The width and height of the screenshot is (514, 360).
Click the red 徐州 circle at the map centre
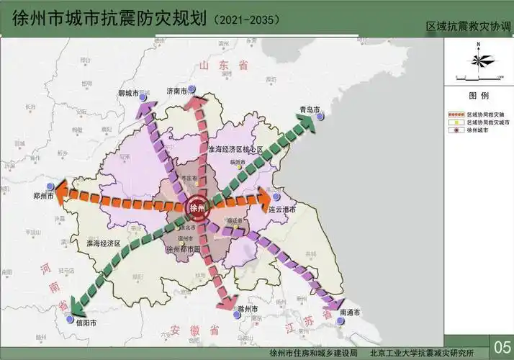tap(196, 208)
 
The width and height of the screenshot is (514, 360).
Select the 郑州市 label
tap(43, 195)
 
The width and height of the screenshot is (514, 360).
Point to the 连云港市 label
tap(282, 210)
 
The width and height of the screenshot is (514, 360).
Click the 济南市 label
tap(176, 91)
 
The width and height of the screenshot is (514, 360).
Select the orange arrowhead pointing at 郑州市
tap(61, 190)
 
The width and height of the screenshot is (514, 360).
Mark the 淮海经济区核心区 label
tap(236, 149)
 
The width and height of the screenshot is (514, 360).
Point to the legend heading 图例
tap(479, 95)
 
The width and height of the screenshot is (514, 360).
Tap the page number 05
tap(501, 343)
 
